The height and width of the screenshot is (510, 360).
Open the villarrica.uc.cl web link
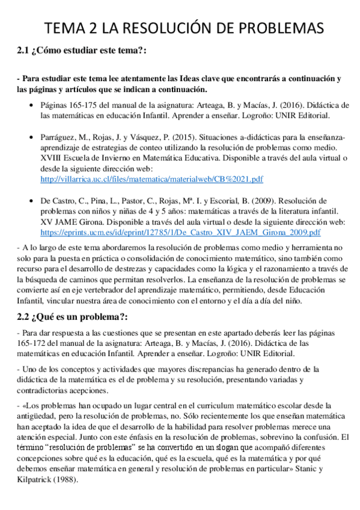pyautogui.click(x=151, y=179)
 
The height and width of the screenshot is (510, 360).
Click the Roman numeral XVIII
pyautogui.click(x=52, y=158)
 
